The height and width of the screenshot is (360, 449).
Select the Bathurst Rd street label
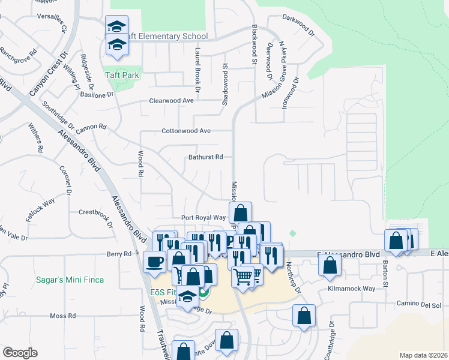[x=205, y=157]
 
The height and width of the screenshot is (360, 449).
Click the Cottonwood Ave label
[x=186, y=131]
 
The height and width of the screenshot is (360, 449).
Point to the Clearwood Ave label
[x=171, y=101]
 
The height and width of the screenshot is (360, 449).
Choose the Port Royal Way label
[x=203, y=218]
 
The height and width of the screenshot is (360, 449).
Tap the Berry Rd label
[x=119, y=254]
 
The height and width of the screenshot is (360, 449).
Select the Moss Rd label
[x=62, y=316]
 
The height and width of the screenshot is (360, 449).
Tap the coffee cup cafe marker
[x=155, y=262]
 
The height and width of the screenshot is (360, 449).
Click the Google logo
[x=20, y=353]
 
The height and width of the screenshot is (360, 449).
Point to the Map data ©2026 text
[x=423, y=355]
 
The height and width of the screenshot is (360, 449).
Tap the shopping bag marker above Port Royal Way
[x=240, y=213]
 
